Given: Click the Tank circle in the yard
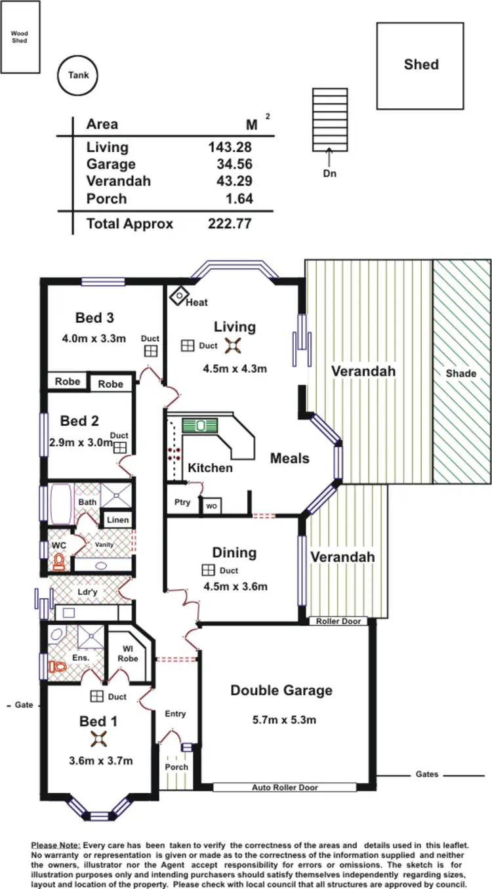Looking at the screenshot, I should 78,75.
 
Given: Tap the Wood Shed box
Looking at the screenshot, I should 20,37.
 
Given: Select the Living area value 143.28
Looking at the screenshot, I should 230,147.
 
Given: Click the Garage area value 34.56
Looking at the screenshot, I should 234,164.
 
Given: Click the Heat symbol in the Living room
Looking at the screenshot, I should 178,296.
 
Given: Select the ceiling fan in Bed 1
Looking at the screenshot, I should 99,739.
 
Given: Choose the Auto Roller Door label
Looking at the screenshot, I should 284,787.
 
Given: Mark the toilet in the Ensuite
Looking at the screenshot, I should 58,667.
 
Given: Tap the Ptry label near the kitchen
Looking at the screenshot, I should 182,502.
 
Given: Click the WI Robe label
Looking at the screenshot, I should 128,653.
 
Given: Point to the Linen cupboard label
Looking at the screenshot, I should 118,520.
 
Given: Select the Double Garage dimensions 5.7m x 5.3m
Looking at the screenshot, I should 284,720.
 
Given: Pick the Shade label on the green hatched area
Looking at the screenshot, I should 461,373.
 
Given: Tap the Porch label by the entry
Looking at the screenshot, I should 176,766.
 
